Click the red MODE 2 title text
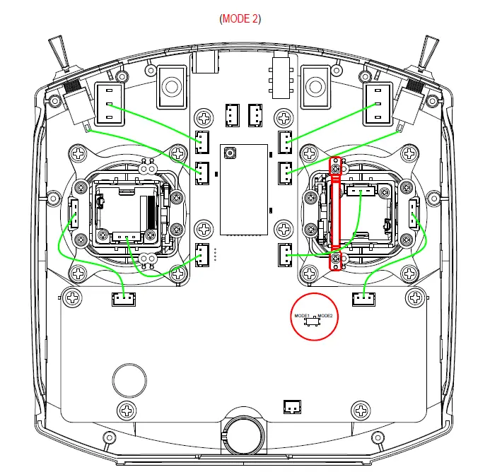(240, 18)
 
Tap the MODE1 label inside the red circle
(302, 315)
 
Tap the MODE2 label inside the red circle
(325, 315)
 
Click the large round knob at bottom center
(244, 433)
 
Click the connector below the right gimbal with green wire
(363, 300)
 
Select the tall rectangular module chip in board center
(244, 189)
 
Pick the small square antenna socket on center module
(230, 153)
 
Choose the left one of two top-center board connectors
(232, 113)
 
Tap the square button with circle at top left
(170, 85)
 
